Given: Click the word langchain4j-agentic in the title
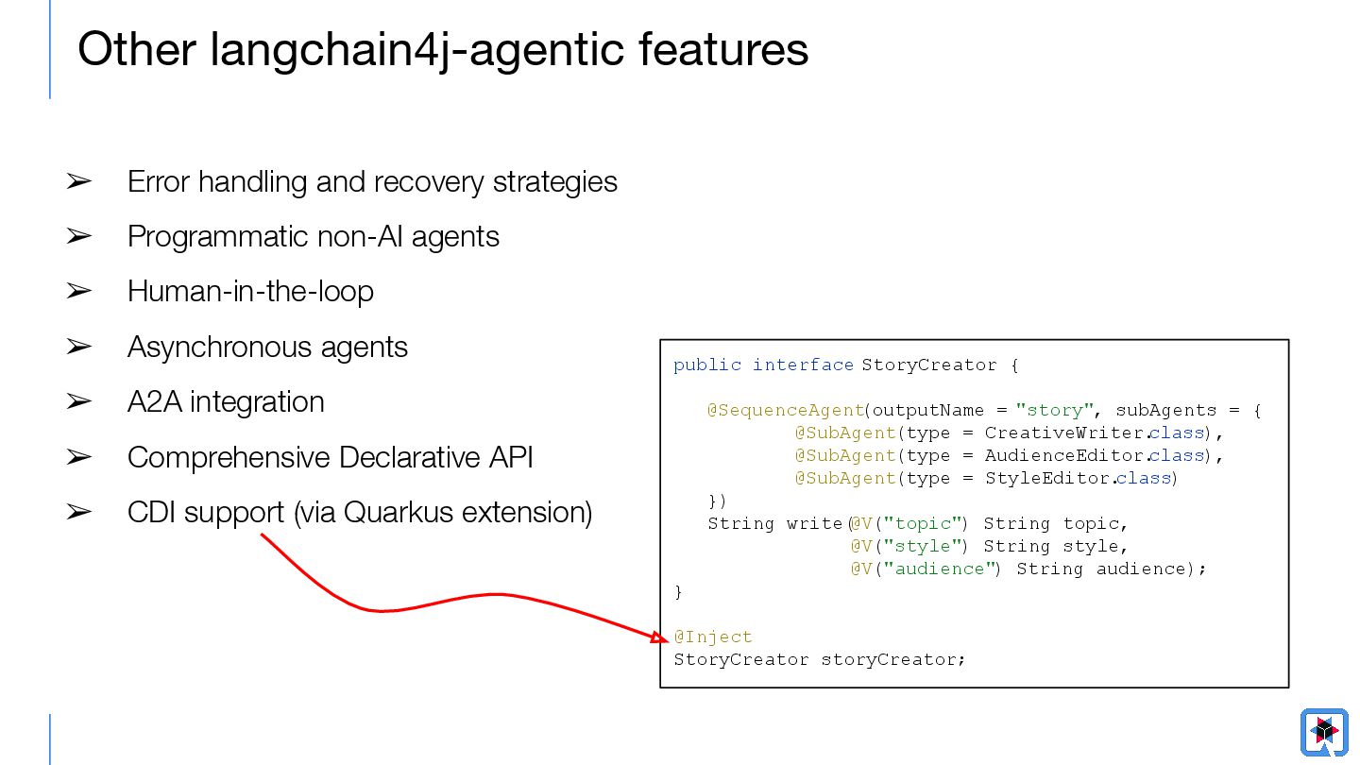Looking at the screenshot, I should [416, 49].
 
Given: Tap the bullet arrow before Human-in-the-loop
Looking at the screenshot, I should [78, 291].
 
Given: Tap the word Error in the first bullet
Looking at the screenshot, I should [157, 181].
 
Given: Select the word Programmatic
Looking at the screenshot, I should [202, 236].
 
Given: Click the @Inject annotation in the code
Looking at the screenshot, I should [713, 637].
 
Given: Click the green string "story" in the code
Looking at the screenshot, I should [1048, 410].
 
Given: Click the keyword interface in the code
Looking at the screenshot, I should [803, 365].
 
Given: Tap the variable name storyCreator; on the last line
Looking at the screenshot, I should [893, 659].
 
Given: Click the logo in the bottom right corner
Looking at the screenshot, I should [1324, 731].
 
